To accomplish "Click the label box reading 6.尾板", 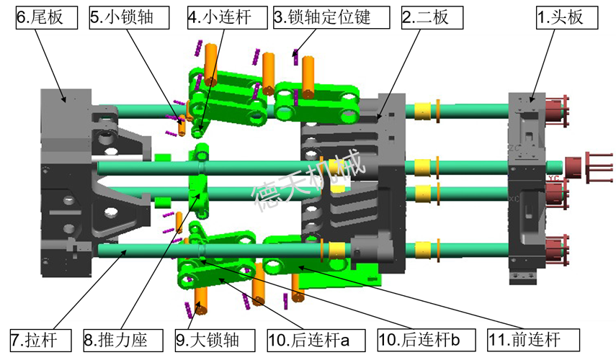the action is coord(47,17).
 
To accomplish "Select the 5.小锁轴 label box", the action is coord(129,17).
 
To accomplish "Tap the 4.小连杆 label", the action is coord(228,17).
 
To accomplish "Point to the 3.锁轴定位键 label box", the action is coord(331,17).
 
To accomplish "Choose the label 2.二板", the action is coord(432,17).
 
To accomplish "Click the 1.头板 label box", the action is coord(567,17).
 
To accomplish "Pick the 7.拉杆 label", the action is coord(41,341).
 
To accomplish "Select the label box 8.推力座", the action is coord(123,341).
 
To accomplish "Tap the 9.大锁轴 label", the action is coord(215,341).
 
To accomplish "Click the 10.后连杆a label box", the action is coord(316,341).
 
